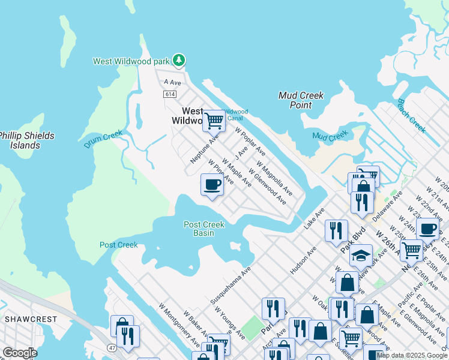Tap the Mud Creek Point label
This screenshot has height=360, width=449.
point(301,100)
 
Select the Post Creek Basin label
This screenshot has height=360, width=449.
point(204,229)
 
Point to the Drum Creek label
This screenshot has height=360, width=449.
point(103,140)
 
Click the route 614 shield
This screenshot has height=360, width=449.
point(169,94)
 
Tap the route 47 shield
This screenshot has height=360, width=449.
point(112,347)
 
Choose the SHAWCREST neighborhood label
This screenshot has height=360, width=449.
point(31,319)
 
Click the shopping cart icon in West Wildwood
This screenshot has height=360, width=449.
point(214,121)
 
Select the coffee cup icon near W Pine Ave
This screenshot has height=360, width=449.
point(211,184)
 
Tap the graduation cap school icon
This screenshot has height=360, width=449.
point(361,256)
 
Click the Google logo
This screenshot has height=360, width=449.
point(20,353)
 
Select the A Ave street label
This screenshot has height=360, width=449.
point(172,82)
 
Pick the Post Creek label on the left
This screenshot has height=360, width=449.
point(118,245)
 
